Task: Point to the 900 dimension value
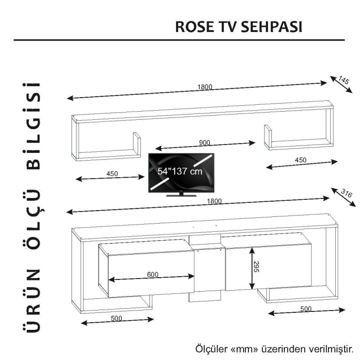click(205, 143)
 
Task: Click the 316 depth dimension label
click(346, 193)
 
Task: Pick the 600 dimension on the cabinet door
click(153, 275)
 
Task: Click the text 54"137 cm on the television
click(180, 171)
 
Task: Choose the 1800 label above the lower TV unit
click(215, 201)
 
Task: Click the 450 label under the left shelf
click(112, 174)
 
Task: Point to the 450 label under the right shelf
click(301, 160)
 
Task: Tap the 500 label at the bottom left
click(116, 319)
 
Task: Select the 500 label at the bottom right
click(306, 309)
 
